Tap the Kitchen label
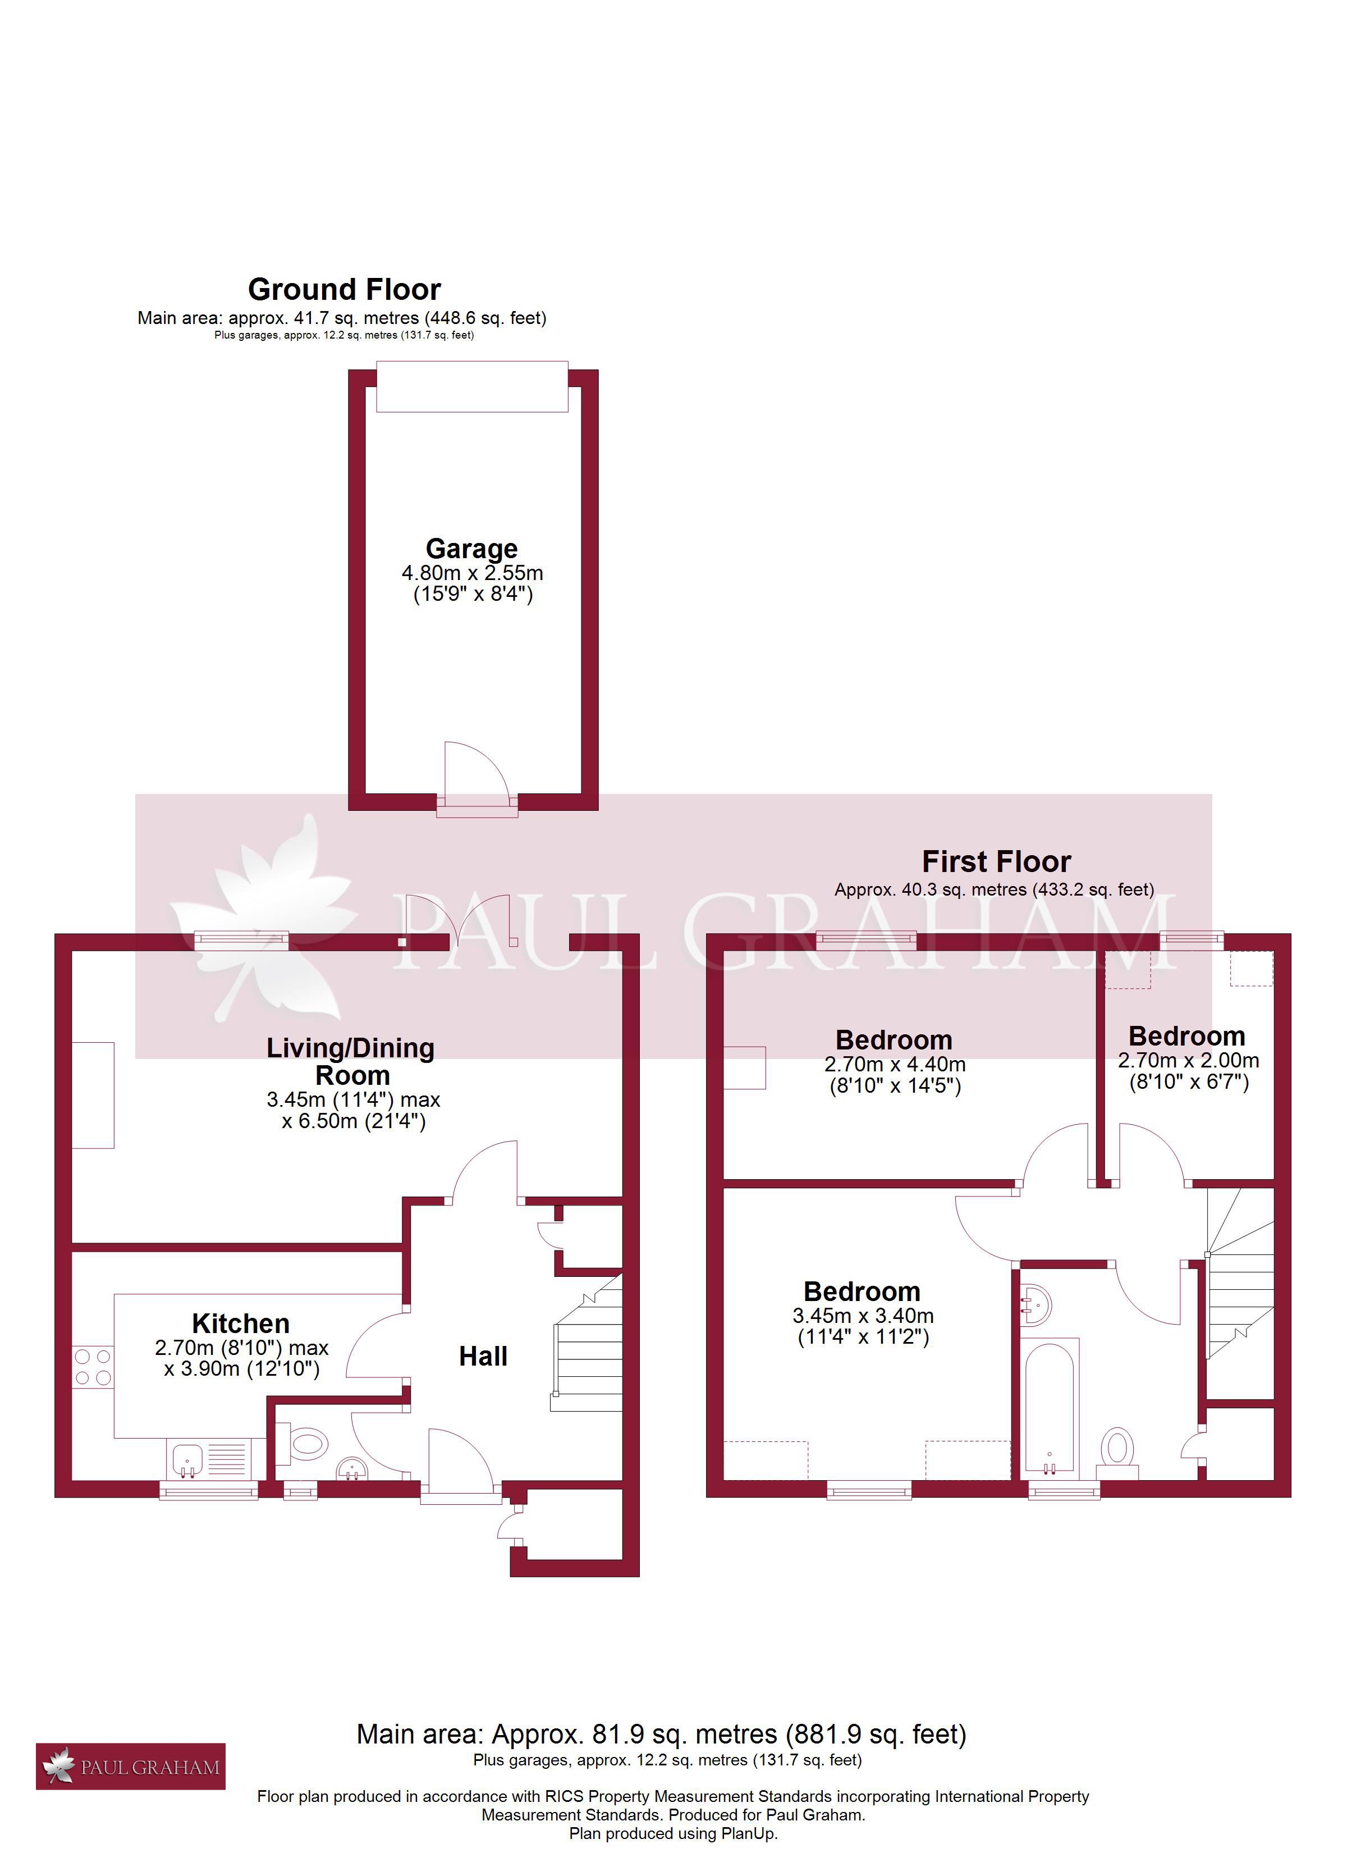[241, 1323]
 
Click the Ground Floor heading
[344, 289]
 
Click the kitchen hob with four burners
[92, 1367]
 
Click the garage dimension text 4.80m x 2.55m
[472, 573]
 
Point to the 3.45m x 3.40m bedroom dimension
[863, 1316]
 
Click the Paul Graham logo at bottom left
[131, 1767]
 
